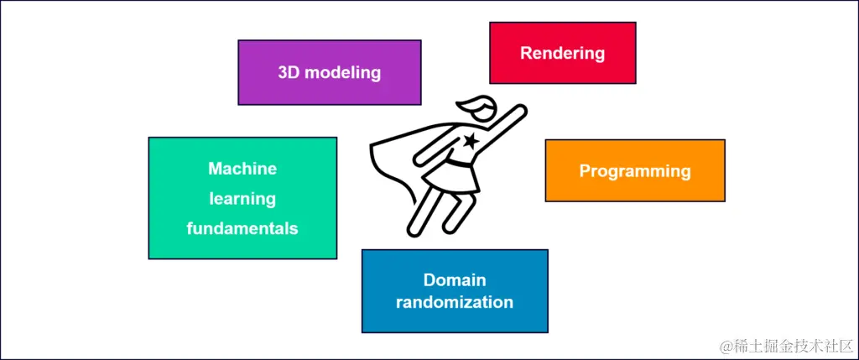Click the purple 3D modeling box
[x=329, y=72]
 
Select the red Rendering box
[x=562, y=53]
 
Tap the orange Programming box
[x=634, y=170]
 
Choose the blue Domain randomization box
[x=455, y=290]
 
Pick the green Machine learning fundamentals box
[x=242, y=198]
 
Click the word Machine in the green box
[x=242, y=169]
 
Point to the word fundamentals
[x=242, y=227]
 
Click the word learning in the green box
[x=242, y=198]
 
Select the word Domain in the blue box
[x=455, y=279]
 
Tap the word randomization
[x=455, y=302]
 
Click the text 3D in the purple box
[x=289, y=72]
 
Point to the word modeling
[x=342, y=72]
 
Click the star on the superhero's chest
[x=471, y=140]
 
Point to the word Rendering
[x=562, y=53]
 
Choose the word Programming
[x=634, y=170]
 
